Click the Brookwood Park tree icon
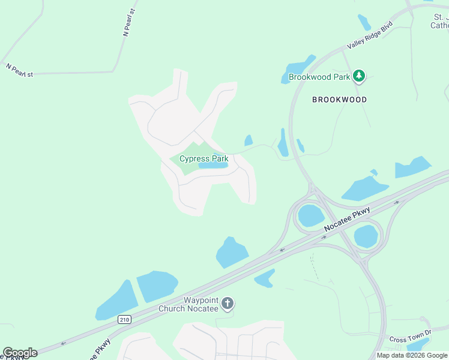[x=359, y=76]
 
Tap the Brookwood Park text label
[x=319, y=77]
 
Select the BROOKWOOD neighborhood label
[x=339, y=100]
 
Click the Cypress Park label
[x=203, y=159]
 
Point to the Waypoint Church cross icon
[x=227, y=304]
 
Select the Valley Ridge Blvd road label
[x=370, y=36]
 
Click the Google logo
[x=20, y=353]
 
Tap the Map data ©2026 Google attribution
[x=412, y=355]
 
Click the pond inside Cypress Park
[x=213, y=166]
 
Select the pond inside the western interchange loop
[x=311, y=215]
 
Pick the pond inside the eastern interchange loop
[x=366, y=236]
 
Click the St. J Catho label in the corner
[x=439, y=22]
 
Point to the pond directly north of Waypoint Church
[x=231, y=252]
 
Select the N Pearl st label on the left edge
[x=19, y=70]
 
